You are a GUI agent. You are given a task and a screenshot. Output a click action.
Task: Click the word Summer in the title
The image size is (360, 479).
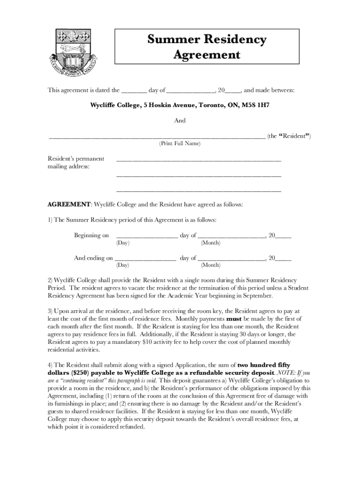[x=171, y=40]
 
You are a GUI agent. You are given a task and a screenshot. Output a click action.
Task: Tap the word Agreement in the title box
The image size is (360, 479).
[x=206, y=55]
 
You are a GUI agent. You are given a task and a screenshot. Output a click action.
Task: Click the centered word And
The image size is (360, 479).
[x=180, y=121]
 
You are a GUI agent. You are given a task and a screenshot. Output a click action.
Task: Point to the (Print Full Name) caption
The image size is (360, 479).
[x=180, y=144]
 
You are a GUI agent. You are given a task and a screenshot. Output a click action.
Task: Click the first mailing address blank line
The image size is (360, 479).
[x=198, y=160]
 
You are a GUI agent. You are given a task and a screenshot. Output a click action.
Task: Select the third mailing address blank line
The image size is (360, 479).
[x=198, y=191]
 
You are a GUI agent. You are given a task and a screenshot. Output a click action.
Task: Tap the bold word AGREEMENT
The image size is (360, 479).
[x=69, y=205]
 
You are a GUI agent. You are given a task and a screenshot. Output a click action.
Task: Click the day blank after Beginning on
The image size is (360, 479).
[x=146, y=236]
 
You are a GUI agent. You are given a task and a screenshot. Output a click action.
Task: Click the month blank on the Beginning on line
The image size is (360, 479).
[x=231, y=236]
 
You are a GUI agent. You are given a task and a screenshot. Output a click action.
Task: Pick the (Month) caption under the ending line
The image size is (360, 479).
[x=210, y=266]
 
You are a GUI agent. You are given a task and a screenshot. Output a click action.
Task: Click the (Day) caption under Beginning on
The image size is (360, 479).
[x=122, y=243]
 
